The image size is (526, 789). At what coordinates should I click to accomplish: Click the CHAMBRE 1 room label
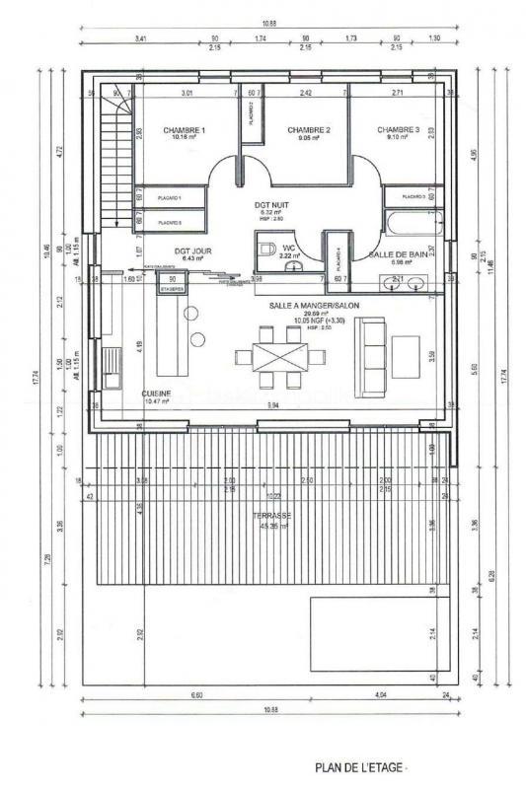(184, 130)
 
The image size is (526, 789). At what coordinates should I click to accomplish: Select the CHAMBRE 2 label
(308, 130)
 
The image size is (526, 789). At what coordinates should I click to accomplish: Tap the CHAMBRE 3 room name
(397, 130)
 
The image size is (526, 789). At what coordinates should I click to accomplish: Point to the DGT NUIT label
(269, 204)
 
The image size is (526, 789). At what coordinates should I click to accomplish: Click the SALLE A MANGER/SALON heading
(314, 306)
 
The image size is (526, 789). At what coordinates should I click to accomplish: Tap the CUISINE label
(156, 393)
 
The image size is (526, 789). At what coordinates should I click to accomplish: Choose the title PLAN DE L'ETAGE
(360, 767)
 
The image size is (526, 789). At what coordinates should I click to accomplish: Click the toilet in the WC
(266, 248)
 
